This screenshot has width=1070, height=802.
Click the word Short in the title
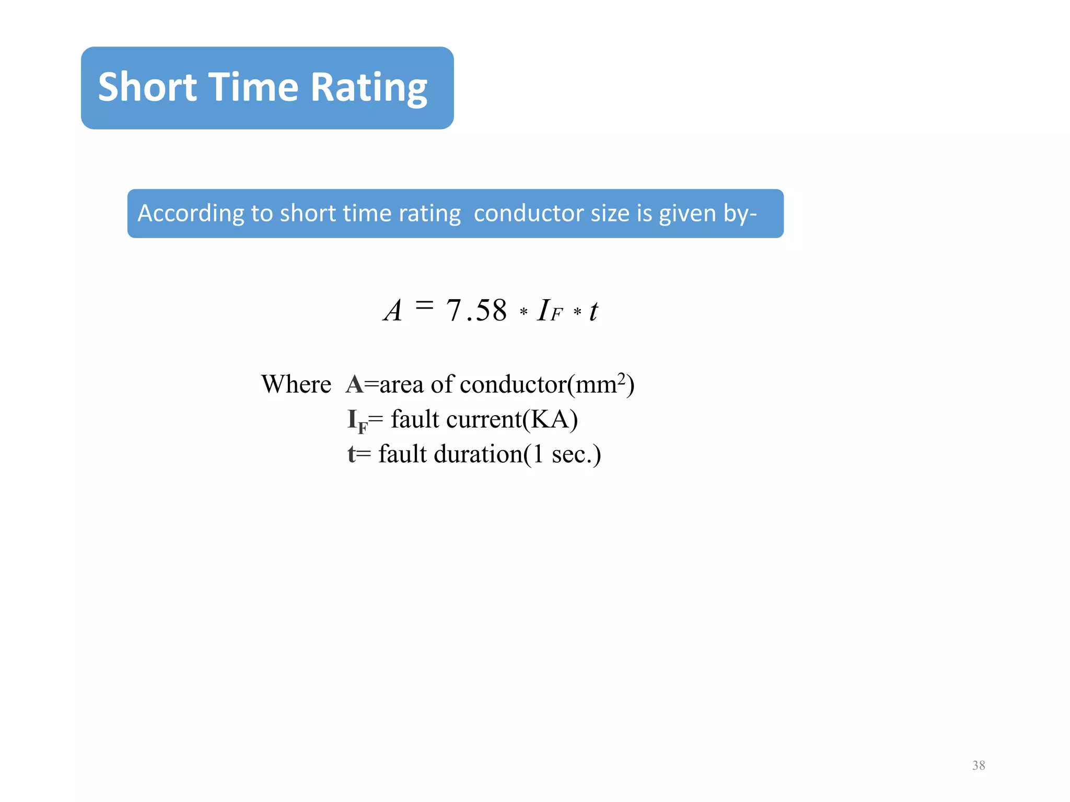click(147, 87)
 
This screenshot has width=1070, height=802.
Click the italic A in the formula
click(393, 311)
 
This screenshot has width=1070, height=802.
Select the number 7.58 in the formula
click(476, 311)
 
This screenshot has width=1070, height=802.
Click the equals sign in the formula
click(424, 304)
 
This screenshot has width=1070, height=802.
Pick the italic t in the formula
click(594, 312)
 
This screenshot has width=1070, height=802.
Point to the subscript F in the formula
click(556, 314)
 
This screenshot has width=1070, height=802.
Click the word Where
click(296, 385)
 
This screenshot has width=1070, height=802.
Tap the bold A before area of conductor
click(354, 385)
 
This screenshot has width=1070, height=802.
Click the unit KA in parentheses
click(550, 419)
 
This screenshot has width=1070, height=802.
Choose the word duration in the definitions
click(478, 454)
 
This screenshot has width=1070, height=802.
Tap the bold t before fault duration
click(352, 454)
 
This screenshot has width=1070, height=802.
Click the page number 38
click(979, 765)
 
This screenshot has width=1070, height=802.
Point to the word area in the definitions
click(401, 385)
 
